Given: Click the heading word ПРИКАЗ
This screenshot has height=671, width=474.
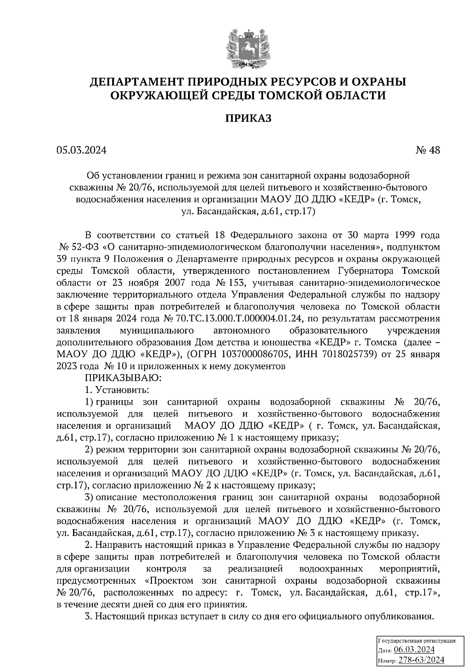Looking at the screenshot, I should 248,119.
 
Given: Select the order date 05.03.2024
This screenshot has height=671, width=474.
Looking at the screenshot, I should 81,150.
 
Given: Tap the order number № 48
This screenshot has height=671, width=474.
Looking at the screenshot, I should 427,150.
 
